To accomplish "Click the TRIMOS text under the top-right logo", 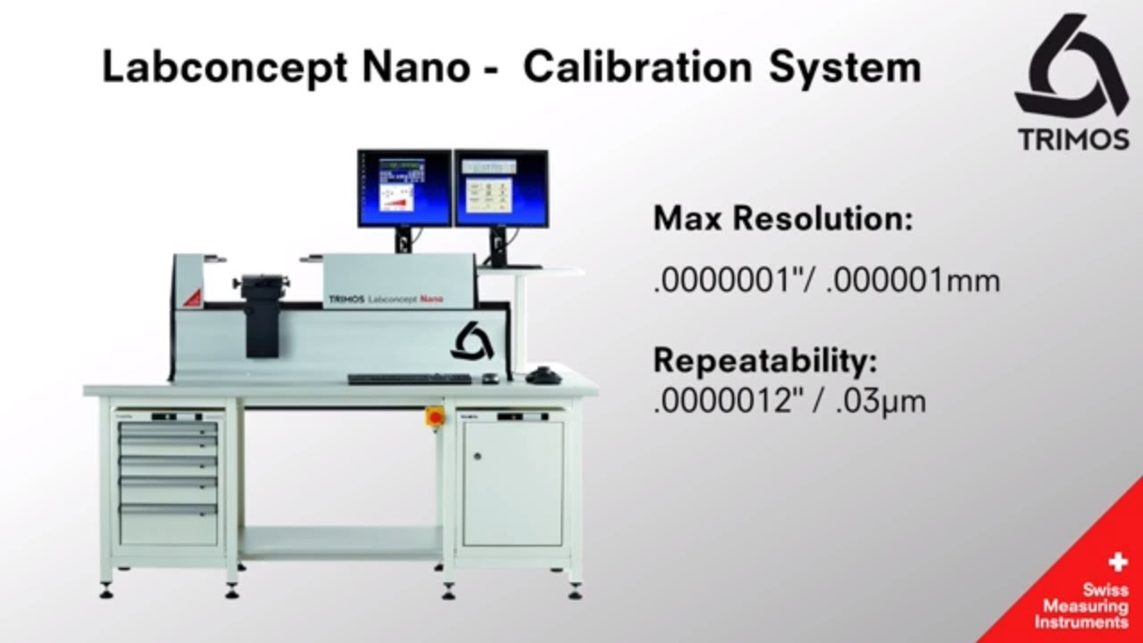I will point(1073,139).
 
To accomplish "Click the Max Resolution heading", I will point(783,219).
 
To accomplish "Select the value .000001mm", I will point(912,280).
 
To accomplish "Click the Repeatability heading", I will point(765,361).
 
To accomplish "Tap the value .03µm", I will point(881,401).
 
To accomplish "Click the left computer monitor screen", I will point(405,188).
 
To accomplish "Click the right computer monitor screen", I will point(501,188).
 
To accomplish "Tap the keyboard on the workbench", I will point(409,379).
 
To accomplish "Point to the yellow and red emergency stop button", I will point(435,414).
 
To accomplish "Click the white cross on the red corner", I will point(1116,564).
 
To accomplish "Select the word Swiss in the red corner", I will point(1105,589).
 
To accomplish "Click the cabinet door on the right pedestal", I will point(513,482).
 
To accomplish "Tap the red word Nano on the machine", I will point(432,299).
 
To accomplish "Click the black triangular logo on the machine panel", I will point(472,342).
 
